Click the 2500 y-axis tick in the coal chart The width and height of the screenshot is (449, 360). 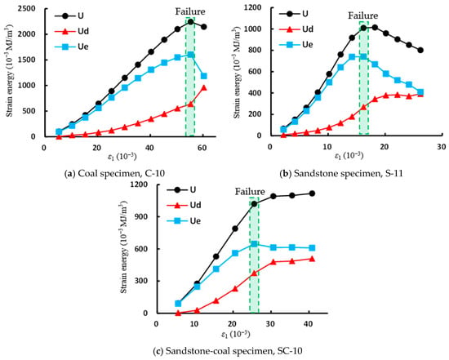click(28, 9)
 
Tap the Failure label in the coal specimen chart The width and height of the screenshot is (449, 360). click(190, 11)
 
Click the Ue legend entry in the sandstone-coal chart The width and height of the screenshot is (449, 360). click(184, 220)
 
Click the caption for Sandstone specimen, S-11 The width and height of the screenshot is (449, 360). click(341, 173)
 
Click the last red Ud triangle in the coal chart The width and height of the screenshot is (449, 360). click(204, 87)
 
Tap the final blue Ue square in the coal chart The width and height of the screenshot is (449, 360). click(204, 76)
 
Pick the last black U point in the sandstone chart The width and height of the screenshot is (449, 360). click(420, 50)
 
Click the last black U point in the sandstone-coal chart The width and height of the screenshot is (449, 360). click(312, 193)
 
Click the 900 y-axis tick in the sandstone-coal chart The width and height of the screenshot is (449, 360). click(147, 216)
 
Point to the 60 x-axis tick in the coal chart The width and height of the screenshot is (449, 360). click(202, 148)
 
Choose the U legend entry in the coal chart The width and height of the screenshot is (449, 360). click(69, 16)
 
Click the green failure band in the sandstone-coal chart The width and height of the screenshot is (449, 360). click(254, 255)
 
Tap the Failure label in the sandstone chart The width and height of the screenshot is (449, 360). click(362, 16)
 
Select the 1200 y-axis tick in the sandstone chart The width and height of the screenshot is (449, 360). click(253, 7)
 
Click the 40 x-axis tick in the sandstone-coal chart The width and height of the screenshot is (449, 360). click(308, 324)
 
